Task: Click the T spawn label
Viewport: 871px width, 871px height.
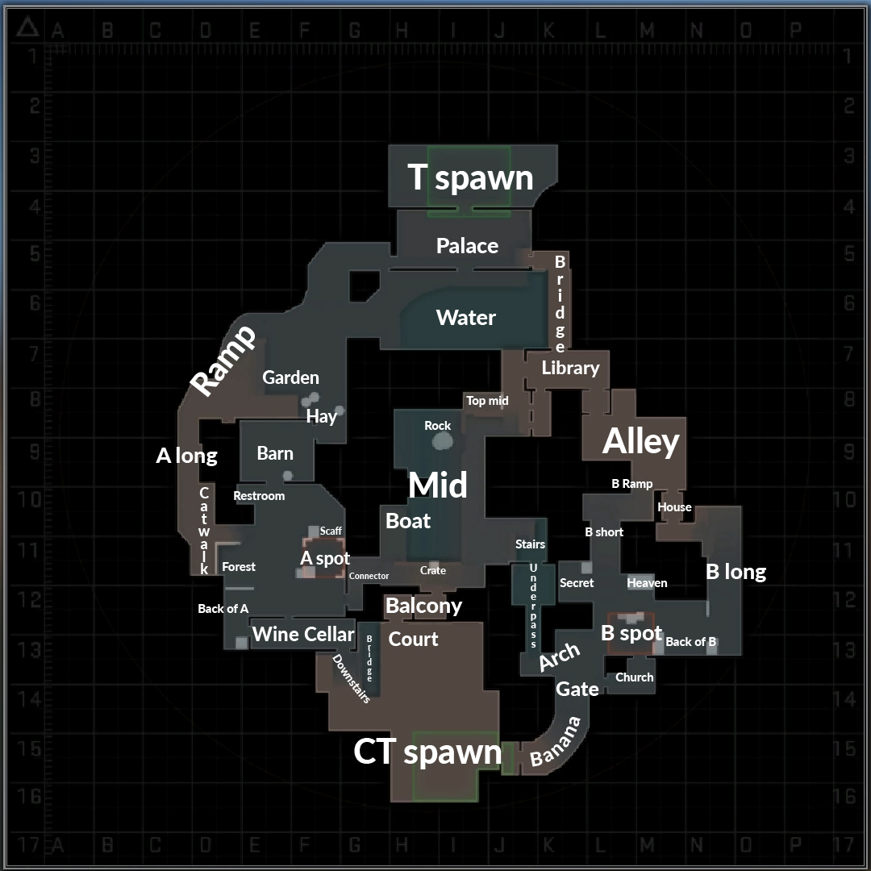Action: [470, 177]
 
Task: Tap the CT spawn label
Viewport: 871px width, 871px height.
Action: [427, 752]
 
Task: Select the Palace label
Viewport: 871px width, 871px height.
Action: [467, 245]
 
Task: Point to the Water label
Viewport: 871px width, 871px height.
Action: [466, 317]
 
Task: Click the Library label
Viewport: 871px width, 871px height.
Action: [570, 368]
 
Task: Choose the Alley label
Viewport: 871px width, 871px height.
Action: [641, 441]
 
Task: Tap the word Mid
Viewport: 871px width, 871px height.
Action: [438, 486]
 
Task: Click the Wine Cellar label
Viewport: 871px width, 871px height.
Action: [303, 634]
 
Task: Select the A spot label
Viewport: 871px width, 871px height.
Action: [325, 558]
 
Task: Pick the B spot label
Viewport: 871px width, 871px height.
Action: [631, 633]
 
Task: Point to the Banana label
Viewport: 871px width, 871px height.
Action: [556, 742]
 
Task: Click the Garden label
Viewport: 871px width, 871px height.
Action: [290, 377]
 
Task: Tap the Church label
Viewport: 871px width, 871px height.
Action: [634, 677]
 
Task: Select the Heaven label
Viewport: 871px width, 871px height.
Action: [647, 582]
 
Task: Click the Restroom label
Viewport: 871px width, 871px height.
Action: [259, 495]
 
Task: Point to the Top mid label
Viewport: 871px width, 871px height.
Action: [487, 400]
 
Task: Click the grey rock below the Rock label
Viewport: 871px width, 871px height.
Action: [442, 441]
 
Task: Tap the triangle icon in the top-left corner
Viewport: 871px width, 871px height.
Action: [28, 29]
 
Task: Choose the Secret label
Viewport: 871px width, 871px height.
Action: [577, 582]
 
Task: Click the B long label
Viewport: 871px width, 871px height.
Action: [736, 572]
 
